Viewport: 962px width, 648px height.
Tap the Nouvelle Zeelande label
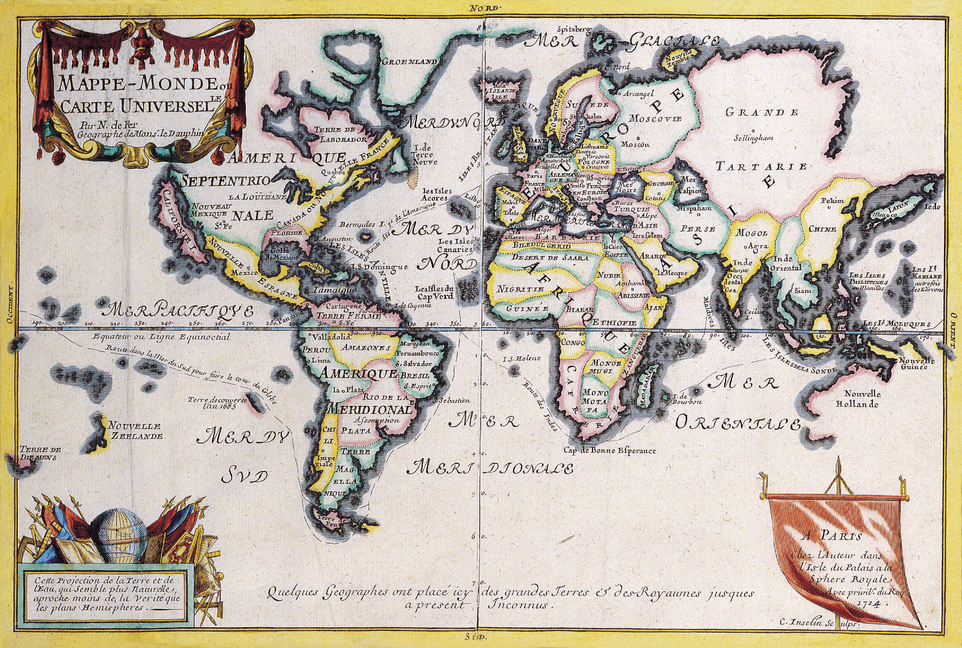pos(135,430)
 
